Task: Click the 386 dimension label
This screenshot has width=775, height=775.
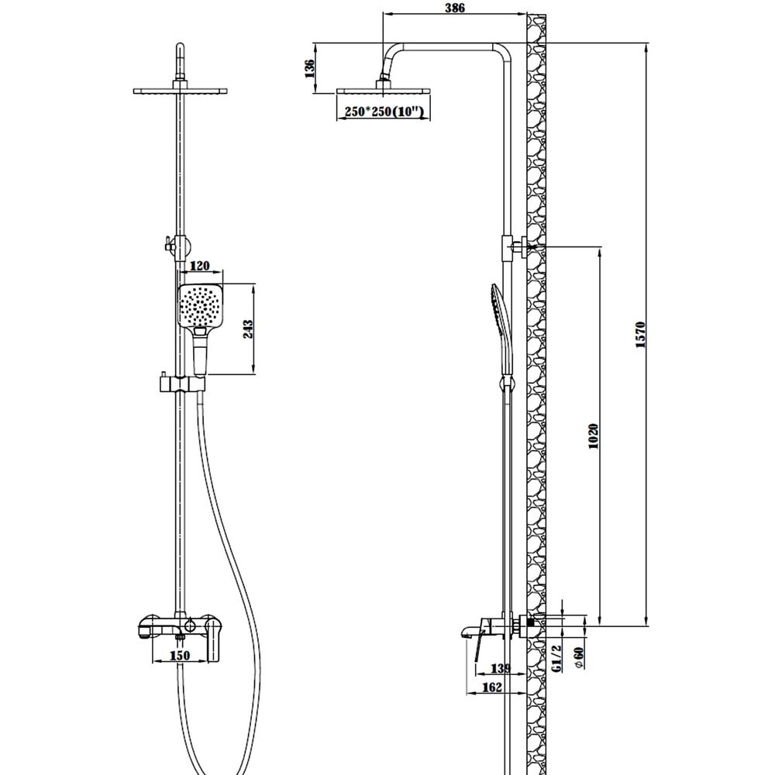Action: tap(455, 8)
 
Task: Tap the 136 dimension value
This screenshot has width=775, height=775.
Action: tap(309, 69)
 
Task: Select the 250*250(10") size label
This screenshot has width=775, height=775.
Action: tap(384, 112)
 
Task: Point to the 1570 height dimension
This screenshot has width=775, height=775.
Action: tap(641, 335)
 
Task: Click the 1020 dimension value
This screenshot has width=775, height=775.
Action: tap(594, 436)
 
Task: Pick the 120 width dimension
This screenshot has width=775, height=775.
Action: tap(200, 266)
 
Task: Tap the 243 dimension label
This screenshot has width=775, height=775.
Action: tap(248, 329)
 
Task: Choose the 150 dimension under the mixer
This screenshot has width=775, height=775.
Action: tap(180, 656)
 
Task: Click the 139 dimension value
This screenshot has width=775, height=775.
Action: tap(500, 669)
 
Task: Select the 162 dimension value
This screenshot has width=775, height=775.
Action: tap(491, 687)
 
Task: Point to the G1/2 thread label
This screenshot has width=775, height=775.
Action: tap(556, 658)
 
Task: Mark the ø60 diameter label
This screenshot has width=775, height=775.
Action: tap(579, 658)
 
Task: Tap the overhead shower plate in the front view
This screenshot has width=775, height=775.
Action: tap(181, 91)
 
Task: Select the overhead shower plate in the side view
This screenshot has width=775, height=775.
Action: tap(384, 91)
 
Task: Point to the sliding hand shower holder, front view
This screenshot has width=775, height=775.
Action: tap(181, 383)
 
